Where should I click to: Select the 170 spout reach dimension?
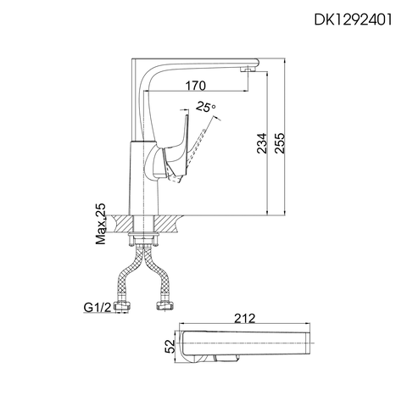click(x=195, y=86)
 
